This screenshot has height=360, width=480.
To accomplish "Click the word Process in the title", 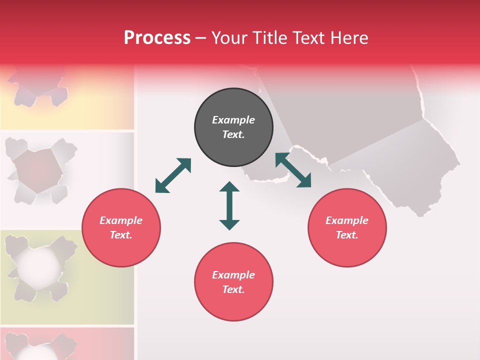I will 157,38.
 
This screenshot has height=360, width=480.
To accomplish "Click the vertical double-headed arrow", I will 229,206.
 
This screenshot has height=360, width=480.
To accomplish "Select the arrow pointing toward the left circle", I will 173,175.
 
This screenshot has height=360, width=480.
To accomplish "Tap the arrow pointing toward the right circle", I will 293,170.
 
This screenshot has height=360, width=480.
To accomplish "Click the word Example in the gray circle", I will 233,120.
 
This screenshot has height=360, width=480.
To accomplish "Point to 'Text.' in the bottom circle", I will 233,289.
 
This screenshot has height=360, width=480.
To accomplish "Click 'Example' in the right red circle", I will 347,220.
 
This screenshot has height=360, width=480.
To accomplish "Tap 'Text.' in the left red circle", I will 121,235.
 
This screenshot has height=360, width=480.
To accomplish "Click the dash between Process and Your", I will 201,38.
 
